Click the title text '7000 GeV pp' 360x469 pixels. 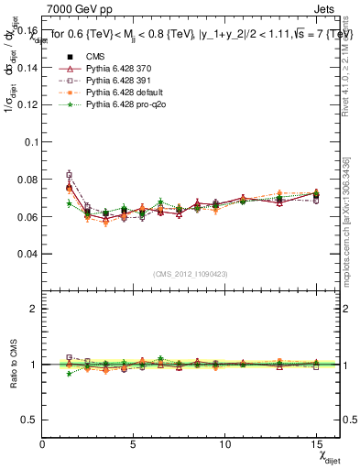(74, 7)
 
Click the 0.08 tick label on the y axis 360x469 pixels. (27, 180)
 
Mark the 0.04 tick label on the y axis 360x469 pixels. (27, 254)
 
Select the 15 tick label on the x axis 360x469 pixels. (316, 442)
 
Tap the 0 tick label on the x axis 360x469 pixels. (43, 442)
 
